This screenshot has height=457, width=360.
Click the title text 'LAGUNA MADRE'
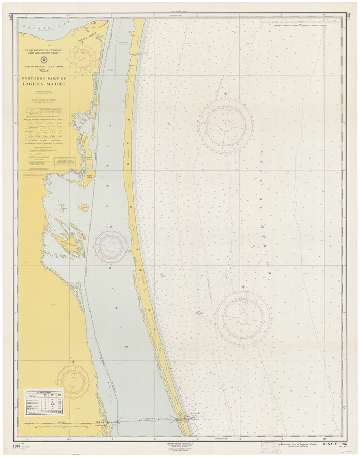point(43,84)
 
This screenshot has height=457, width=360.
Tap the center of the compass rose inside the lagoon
point(111,246)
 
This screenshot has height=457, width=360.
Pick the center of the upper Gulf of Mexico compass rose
point(226,125)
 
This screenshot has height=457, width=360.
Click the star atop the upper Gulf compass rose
point(225,94)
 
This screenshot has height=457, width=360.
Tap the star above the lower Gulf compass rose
point(243,287)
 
